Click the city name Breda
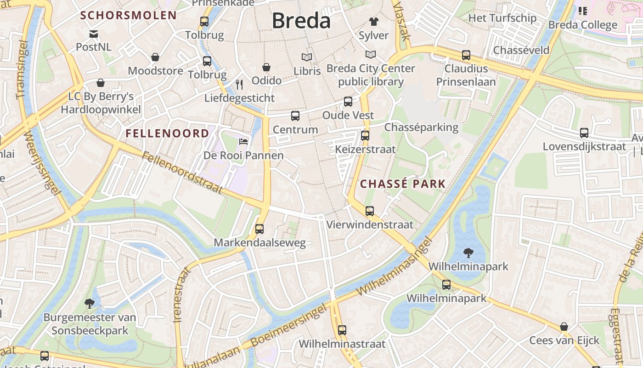301,21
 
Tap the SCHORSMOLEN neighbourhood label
129,15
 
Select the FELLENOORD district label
167,133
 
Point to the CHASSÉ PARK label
403,184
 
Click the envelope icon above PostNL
94,34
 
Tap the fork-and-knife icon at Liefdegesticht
239,84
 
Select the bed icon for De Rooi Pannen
243,141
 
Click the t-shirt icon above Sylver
373,21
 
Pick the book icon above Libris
307,57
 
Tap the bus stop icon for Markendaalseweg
259,229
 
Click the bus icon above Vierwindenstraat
370,211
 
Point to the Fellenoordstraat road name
182,172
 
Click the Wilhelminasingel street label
395,267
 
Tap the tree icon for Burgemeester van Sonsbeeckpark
90,303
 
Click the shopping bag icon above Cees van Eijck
564,327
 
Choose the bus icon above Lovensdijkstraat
584,132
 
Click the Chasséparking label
421,127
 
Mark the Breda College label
583,25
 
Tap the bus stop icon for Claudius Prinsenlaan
466,55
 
